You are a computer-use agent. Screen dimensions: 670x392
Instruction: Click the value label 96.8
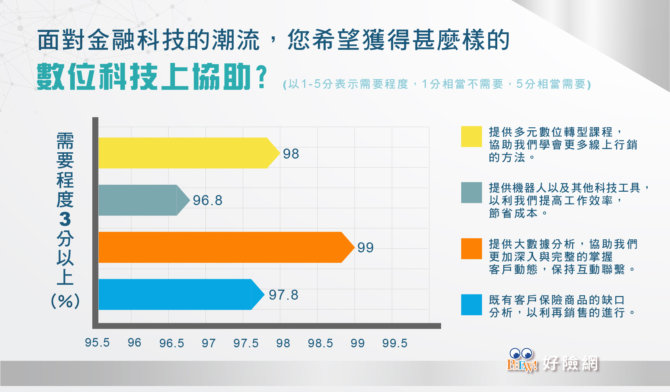point(207,201)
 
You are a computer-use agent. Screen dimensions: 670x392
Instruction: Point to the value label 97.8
point(283,295)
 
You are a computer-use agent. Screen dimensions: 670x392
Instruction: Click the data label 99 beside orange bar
point(365,248)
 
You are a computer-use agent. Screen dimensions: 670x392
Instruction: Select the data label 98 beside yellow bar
point(291,154)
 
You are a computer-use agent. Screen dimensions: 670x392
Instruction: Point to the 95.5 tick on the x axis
point(97,342)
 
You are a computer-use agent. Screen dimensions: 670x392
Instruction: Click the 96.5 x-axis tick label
point(172,343)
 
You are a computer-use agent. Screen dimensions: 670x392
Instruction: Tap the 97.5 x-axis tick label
point(246,343)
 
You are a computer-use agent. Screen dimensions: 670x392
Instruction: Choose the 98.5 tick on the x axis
point(320,343)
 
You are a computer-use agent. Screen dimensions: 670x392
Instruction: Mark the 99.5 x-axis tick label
point(395,343)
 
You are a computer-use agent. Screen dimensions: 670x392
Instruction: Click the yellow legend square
point(472,137)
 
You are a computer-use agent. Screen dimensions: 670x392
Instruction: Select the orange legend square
point(472,249)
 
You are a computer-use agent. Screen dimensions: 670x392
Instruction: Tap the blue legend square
point(472,305)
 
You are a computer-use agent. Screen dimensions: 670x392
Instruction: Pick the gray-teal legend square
point(472,192)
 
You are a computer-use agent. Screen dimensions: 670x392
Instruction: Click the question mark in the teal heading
point(262,77)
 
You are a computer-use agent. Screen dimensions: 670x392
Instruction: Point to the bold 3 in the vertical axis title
point(65,219)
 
